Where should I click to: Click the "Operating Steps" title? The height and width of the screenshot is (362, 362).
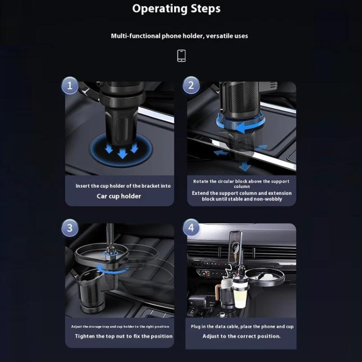[x=176, y=9]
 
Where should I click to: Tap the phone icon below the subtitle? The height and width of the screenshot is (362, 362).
[x=181, y=56]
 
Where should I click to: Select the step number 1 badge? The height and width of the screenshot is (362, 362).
[x=70, y=85]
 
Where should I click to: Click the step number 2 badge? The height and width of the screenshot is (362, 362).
[x=191, y=85]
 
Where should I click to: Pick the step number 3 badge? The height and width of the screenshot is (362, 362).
[x=70, y=228]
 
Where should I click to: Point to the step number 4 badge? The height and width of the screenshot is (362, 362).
[x=191, y=227]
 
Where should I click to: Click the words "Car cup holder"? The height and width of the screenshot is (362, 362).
[x=119, y=196]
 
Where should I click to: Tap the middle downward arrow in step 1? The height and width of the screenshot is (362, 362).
[x=123, y=153]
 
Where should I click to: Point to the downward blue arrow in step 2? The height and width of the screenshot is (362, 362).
[x=245, y=166]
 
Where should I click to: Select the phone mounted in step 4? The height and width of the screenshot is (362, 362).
[x=235, y=247]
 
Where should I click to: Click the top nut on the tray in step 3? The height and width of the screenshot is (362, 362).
[x=109, y=252]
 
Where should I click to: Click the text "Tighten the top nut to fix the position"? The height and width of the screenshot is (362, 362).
[x=124, y=336]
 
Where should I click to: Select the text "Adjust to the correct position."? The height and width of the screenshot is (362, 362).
[x=241, y=336]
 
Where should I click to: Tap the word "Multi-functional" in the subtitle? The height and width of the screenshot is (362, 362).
[x=136, y=36]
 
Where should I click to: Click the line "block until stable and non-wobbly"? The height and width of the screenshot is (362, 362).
[x=242, y=199]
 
